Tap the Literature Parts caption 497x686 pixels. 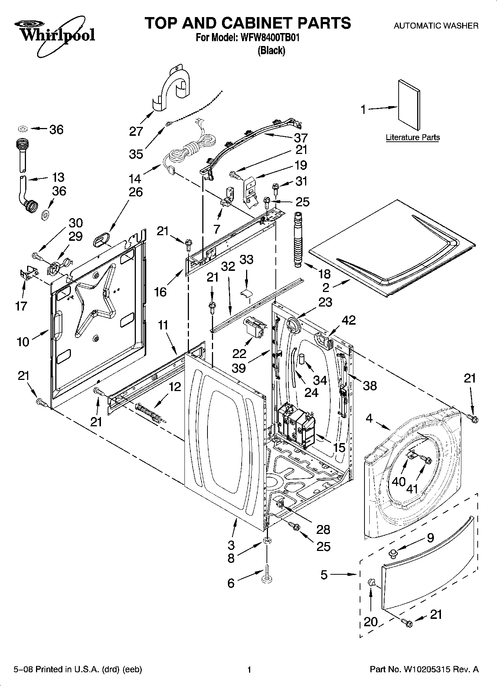click(412, 137)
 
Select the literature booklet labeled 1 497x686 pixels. click(409, 105)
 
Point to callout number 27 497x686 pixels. click(136, 131)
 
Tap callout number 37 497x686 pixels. click(301, 138)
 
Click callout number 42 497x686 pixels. click(349, 320)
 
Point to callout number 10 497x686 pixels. click(23, 341)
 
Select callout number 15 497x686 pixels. click(339, 448)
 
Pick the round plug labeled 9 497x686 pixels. click(392, 554)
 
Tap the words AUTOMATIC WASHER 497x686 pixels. click(436, 26)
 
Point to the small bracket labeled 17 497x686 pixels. click(29, 273)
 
